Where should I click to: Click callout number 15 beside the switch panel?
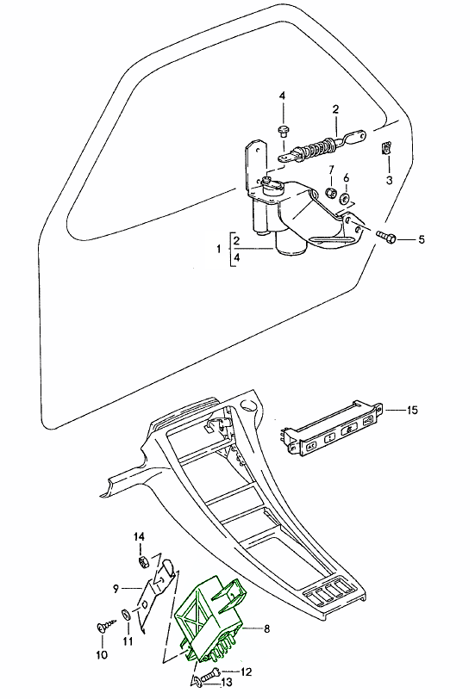[412, 410]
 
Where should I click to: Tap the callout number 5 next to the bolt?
[422, 240]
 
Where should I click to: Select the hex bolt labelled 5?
[386, 236]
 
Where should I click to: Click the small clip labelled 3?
[386, 148]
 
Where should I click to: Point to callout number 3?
[389, 180]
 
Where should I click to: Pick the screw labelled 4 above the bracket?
[283, 131]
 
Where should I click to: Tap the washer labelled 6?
[345, 198]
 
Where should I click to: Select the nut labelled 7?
[331, 193]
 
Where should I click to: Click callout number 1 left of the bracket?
[219, 249]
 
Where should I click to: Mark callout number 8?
[267, 628]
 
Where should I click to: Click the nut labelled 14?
[143, 562]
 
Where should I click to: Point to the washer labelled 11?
[126, 615]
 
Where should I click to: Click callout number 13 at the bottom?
[227, 682]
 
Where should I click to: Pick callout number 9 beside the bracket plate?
[116, 589]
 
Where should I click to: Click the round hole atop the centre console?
[247, 405]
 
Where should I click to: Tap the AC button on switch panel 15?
[311, 445]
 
